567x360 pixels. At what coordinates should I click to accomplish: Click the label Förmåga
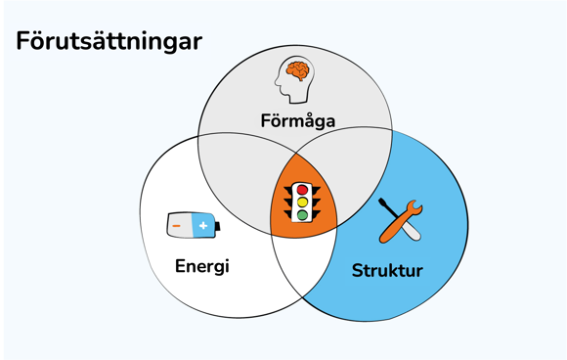(298, 121)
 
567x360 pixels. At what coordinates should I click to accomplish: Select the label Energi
(202, 265)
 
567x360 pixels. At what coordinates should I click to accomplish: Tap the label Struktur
(387, 270)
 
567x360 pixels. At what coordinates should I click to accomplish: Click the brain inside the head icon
(298, 70)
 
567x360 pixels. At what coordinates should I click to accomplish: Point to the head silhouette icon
(292, 78)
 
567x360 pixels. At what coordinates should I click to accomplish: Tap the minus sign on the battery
(177, 226)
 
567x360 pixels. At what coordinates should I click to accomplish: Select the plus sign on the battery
(203, 226)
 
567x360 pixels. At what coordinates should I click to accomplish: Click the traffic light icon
(303, 200)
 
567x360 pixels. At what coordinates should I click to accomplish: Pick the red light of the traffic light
(303, 189)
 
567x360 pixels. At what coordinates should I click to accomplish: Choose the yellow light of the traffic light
(303, 202)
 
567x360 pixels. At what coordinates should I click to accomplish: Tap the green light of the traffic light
(303, 214)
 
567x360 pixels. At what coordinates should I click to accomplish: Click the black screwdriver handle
(387, 208)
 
